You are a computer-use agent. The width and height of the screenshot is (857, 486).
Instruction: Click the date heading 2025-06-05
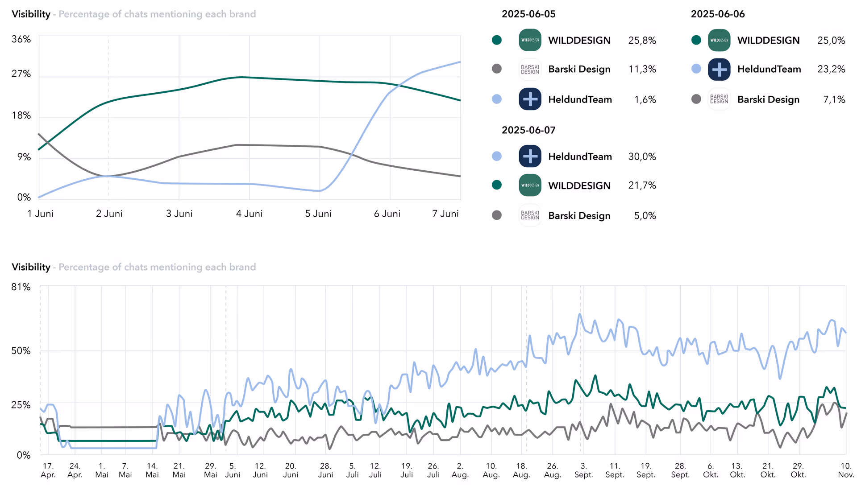click(528, 14)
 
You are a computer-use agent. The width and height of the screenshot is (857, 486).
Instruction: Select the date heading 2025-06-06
click(718, 14)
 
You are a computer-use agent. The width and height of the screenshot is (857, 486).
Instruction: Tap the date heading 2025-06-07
click(528, 130)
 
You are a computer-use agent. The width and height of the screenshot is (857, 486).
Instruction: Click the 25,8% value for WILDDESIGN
click(642, 41)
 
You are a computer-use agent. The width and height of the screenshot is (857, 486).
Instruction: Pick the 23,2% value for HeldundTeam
click(831, 69)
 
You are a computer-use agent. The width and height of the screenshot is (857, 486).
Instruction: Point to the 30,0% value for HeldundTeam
click(642, 157)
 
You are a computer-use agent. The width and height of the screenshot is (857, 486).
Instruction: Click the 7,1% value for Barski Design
click(834, 99)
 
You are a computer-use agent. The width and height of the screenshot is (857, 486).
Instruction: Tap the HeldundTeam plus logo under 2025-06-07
click(530, 157)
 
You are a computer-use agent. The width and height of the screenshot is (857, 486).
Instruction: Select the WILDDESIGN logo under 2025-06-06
click(719, 40)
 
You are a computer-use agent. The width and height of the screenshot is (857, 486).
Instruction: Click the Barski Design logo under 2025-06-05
click(530, 70)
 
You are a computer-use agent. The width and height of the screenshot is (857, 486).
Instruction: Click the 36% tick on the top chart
click(21, 39)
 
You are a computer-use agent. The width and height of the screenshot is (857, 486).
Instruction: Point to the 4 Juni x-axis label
click(249, 214)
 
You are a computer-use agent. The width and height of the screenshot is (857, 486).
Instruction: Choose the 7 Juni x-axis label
click(445, 214)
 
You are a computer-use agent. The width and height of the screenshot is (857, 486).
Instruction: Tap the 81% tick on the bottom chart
click(21, 287)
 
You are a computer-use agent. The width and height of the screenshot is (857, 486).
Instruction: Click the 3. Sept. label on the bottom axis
click(583, 470)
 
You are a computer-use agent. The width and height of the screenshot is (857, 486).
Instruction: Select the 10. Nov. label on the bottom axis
click(846, 470)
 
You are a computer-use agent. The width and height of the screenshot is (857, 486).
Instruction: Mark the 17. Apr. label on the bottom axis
click(48, 470)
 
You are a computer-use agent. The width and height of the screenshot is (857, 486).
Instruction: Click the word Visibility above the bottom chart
click(31, 267)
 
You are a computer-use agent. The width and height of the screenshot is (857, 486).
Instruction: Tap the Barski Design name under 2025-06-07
click(579, 216)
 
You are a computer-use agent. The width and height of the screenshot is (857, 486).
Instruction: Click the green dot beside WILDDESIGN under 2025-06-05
click(497, 40)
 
